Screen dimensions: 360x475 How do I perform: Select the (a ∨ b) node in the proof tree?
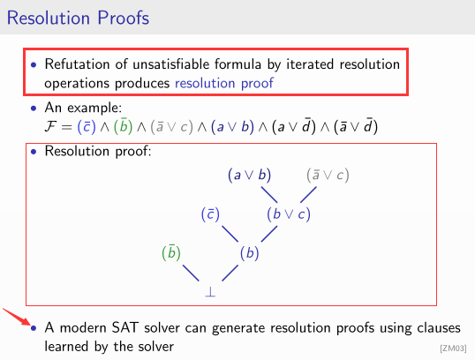click(x=250, y=176)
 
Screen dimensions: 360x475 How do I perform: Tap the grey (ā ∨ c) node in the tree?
click(x=328, y=176)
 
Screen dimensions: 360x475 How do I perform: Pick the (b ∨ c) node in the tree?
click(x=289, y=214)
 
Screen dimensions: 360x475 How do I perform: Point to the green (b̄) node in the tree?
click(x=171, y=252)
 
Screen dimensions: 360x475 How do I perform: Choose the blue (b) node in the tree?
click(x=251, y=252)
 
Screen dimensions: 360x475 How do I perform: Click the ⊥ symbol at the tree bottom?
click(x=210, y=289)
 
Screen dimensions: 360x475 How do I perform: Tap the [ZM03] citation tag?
click(x=453, y=349)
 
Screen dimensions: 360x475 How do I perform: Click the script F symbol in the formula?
click(x=51, y=126)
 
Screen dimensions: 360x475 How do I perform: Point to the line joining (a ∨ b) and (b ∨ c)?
click(x=269, y=194)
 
